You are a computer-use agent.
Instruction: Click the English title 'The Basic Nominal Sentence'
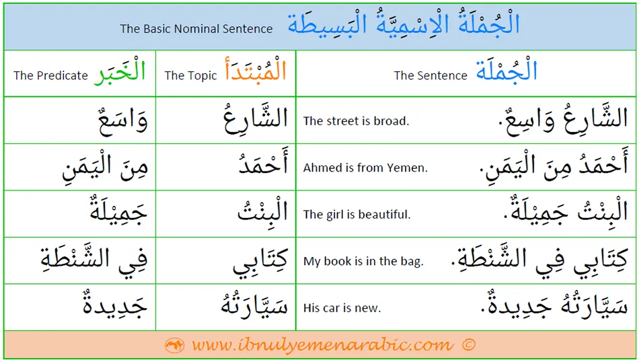(x=196, y=28)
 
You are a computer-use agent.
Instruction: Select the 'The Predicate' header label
(x=50, y=75)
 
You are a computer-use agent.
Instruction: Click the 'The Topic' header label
(x=191, y=75)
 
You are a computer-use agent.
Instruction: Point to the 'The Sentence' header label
(x=430, y=75)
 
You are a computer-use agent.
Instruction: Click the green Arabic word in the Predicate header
(x=120, y=71)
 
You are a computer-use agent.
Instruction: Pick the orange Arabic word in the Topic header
(x=255, y=69)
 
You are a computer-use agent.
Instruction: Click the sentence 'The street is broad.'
(x=356, y=120)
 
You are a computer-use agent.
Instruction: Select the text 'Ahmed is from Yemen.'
(x=365, y=168)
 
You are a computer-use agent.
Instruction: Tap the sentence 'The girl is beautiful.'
(x=356, y=215)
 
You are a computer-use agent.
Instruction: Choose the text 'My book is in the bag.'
(x=363, y=261)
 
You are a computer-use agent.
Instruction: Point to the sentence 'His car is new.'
(x=342, y=308)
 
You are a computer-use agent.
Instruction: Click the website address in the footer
(x=322, y=345)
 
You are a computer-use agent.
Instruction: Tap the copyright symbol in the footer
(x=469, y=345)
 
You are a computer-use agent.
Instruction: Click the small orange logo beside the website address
(x=174, y=345)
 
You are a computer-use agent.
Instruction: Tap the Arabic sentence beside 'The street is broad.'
(x=563, y=119)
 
